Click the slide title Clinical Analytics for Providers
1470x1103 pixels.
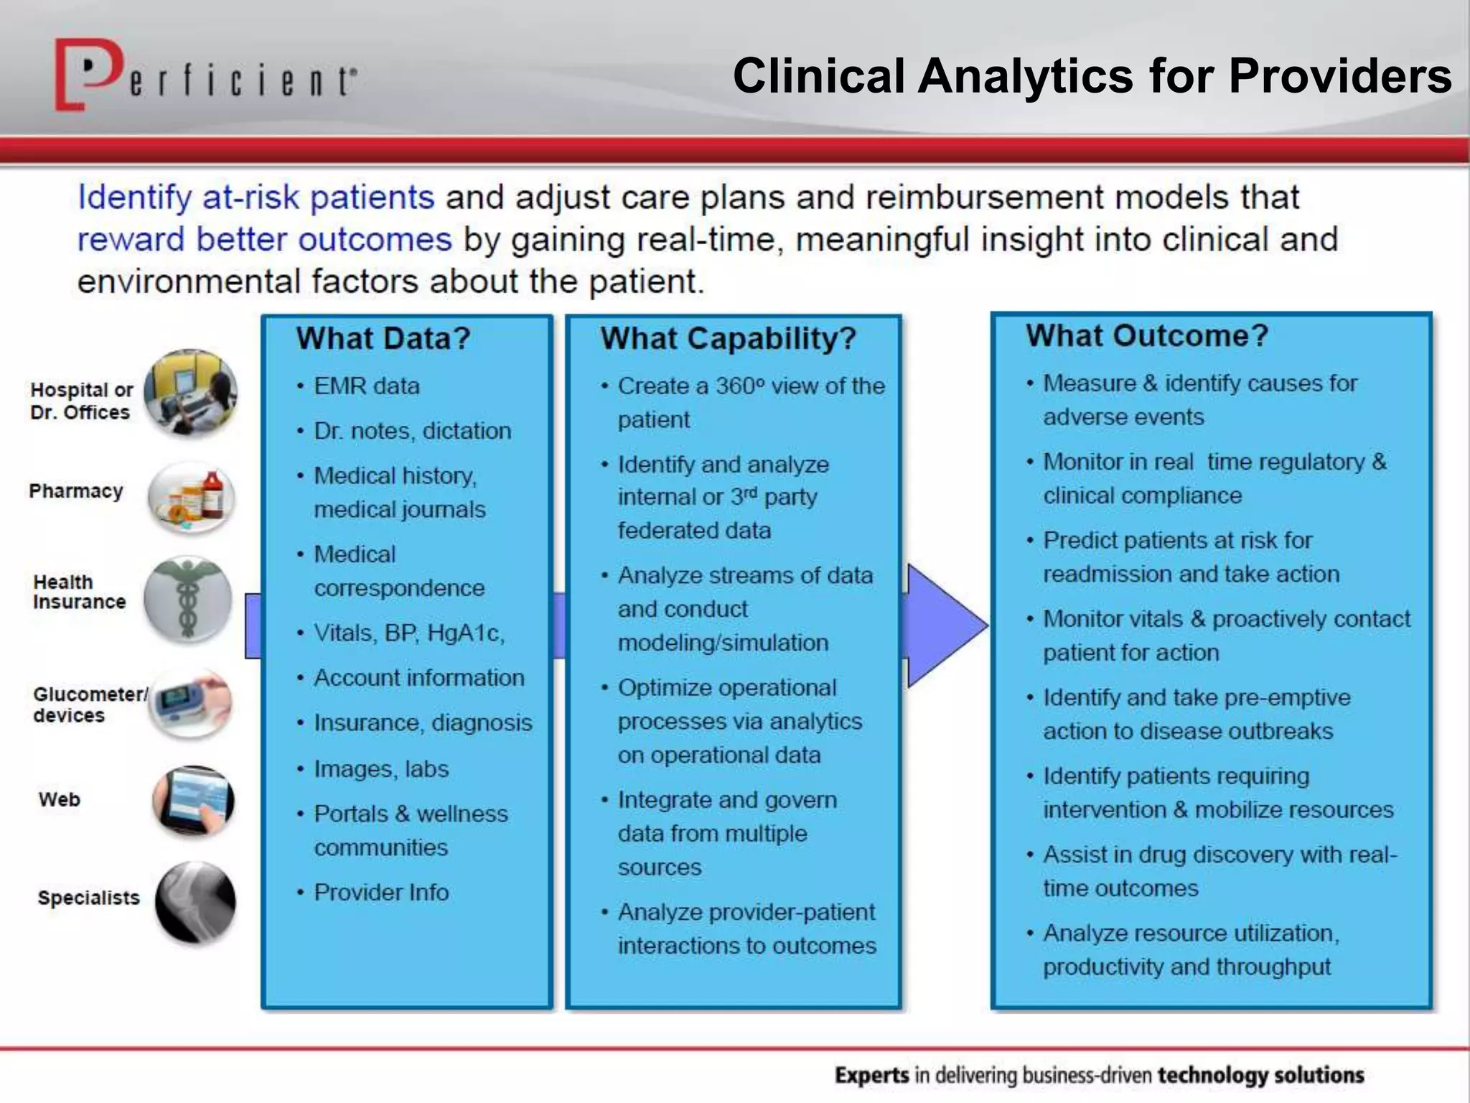(1092, 75)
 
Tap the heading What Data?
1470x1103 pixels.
(383, 338)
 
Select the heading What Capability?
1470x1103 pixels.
(729, 338)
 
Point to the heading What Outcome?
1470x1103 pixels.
(1147, 335)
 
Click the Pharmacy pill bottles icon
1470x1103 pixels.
(192, 498)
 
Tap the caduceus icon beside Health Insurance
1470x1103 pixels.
(188, 599)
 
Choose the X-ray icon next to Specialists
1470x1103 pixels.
(195, 902)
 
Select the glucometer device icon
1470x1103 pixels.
(191, 703)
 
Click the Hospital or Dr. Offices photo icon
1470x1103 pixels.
(191, 392)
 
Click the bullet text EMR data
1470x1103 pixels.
(367, 386)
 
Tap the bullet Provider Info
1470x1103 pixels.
(381, 893)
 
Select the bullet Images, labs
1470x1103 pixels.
(381, 769)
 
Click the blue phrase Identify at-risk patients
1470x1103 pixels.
(256, 197)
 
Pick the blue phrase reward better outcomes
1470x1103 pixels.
(264, 239)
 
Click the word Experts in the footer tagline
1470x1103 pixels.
(872, 1075)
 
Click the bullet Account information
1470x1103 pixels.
(419, 678)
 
